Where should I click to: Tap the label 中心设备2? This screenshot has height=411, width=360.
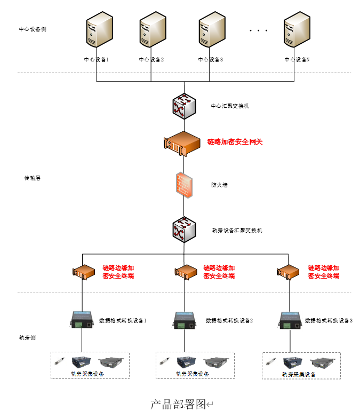pyautogui.click(x=151, y=60)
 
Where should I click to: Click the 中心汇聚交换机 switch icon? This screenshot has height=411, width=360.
pyautogui.click(x=184, y=106)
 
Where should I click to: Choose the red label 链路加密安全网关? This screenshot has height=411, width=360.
pyautogui.click(x=235, y=142)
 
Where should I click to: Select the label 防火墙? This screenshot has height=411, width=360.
pyautogui.click(x=219, y=185)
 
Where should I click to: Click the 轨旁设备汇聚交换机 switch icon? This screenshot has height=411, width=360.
pyautogui.click(x=184, y=230)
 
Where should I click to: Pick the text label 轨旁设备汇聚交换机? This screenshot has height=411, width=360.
pyautogui.click(x=237, y=231)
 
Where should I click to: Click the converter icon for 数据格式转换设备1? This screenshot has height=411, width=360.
pyautogui.click(x=81, y=319)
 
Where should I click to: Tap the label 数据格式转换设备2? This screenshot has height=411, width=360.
pyautogui.click(x=229, y=321)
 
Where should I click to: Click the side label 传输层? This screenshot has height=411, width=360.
pyautogui.click(x=32, y=178)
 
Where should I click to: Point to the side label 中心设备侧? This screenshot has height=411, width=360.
pyautogui.click(x=33, y=29)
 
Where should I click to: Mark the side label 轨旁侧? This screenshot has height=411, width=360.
pyautogui.click(x=27, y=338)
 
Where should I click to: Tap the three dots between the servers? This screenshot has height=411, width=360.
pyautogui.click(x=258, y=31)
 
